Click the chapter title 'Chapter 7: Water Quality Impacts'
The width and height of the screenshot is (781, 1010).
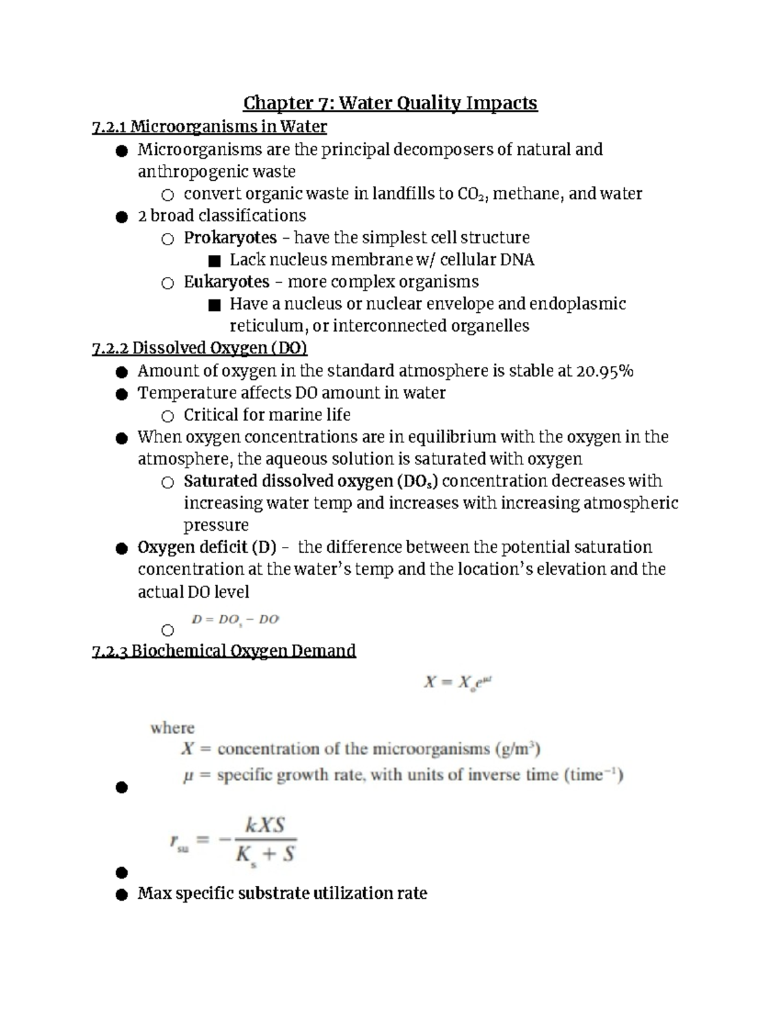(390, 103)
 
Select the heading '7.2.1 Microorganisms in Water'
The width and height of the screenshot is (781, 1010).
(209, 126)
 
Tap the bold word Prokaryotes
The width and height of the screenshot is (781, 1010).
(230, 238)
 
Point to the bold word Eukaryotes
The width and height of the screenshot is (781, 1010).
(226, 282)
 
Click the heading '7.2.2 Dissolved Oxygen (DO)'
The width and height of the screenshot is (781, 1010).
(199, 349)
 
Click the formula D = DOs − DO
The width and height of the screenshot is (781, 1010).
(235, 620)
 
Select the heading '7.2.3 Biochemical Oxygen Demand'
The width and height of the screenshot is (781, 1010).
(224, 651)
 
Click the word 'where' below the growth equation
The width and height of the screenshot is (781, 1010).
(172, 728)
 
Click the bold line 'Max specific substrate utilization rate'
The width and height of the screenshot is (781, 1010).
(282, 894)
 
